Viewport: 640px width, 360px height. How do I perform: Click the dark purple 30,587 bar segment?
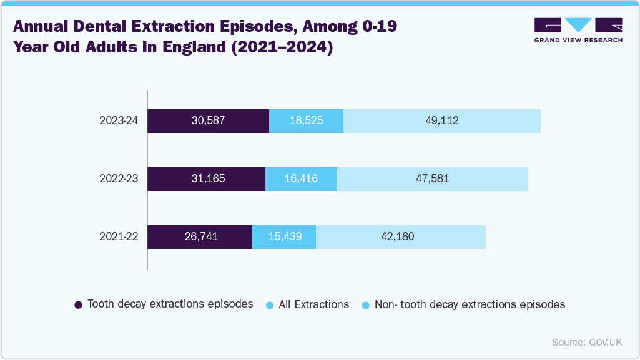click(x=208, y=120)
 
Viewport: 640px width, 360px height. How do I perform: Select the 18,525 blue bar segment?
click(x=306, y=120)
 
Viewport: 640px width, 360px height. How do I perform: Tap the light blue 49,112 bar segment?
click(x=441, y=120)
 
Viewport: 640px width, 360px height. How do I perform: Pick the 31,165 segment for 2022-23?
click(x=206, y=178)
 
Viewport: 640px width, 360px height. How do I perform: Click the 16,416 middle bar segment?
click(x=301, y=178)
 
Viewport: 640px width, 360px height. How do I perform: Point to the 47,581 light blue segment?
click(x=432, y=178)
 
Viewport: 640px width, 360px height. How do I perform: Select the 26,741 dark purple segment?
click(x=199, y=236)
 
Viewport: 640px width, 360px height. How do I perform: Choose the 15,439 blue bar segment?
click(x=283, y=236)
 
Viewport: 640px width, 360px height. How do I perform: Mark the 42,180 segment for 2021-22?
click(x=400, y=236)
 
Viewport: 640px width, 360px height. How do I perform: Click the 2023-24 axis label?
click(x=118, y=120)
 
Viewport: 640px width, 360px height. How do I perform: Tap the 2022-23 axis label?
click(x=118, y=178)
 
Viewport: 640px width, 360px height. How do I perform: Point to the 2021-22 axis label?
click(x=118, y=236)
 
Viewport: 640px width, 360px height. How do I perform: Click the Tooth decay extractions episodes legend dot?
click(x=78, y=305)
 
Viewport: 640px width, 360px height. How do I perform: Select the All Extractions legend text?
click(x=313, y=304)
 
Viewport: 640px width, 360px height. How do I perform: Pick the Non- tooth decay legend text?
click(x=469, y=304)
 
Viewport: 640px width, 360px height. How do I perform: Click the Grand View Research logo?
click(x=578, y=30)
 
